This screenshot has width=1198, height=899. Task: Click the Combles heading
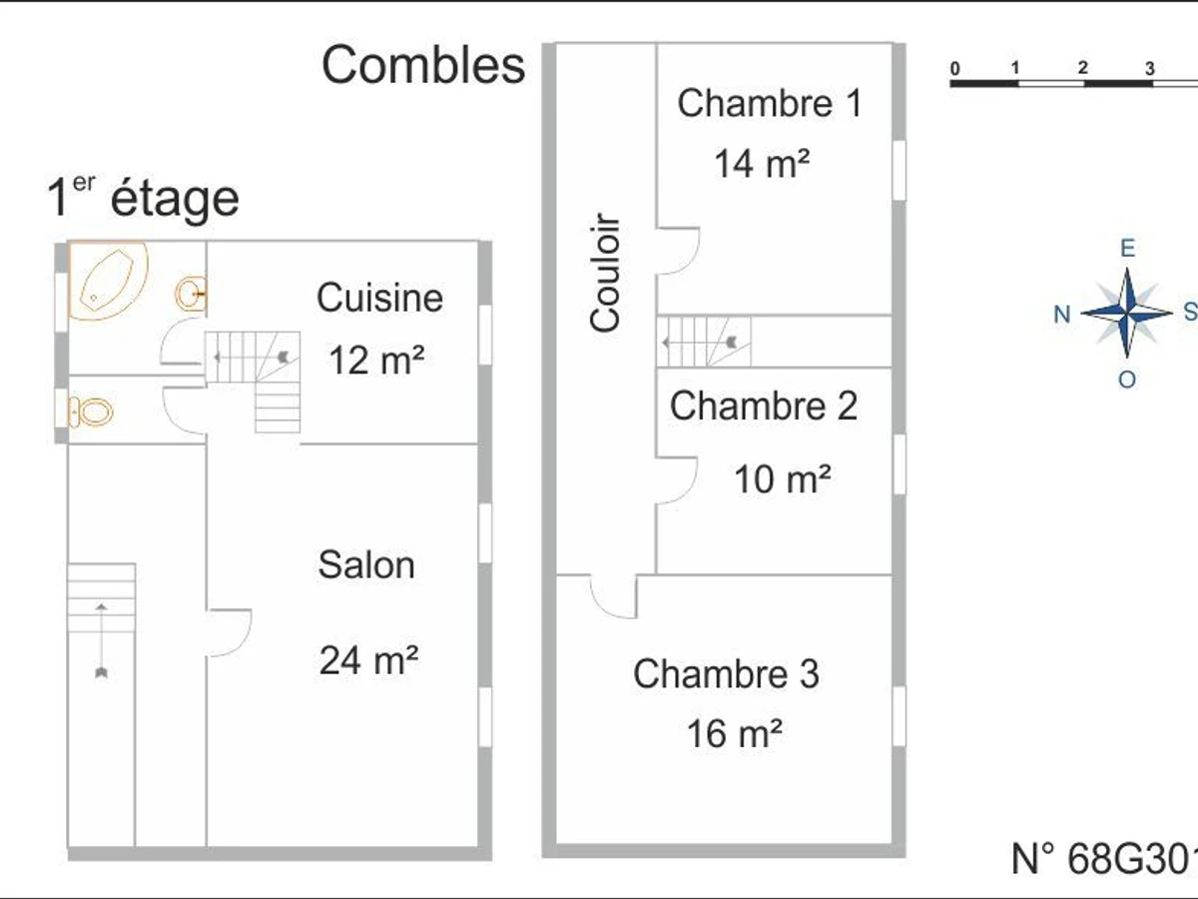423,66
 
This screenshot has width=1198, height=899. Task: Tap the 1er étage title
143,197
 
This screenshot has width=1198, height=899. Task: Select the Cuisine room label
380,298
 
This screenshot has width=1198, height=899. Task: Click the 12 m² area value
376,361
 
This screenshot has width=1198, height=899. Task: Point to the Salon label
366,565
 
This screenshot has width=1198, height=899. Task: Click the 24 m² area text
369,660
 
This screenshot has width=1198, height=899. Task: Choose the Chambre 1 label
770,103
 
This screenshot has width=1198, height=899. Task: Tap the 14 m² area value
762,163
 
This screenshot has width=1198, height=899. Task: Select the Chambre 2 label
764,407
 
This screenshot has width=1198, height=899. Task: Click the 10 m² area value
783,479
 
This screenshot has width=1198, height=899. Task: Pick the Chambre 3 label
726,673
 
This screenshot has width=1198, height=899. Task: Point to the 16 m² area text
735,733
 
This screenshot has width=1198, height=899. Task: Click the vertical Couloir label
605,273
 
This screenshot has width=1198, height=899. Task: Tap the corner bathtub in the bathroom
109,280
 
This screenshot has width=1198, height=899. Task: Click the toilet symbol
91,413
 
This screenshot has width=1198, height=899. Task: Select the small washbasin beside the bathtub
191,294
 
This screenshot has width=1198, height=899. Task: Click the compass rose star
1127,313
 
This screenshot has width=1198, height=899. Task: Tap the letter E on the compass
1127,249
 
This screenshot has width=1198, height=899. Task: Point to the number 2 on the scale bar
1083,68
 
